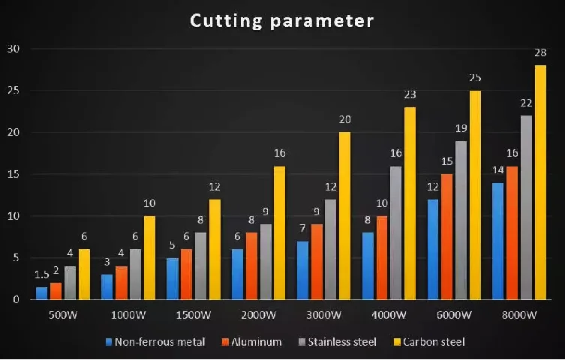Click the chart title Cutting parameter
[281, 20]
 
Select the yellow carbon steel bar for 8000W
[540, 182]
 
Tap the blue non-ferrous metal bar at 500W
[42, 293]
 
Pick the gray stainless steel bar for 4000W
[396, 232]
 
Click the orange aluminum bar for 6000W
[446, 236]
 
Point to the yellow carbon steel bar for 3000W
[345, 216]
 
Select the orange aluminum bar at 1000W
[122, 283]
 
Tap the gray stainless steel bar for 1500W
[201, 266]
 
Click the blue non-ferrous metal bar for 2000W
[238, 274]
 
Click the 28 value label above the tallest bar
[540, 52]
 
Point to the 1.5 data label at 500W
[42, 274]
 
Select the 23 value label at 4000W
[410, 94]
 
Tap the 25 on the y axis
[14, 91]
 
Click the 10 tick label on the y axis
[14, 216]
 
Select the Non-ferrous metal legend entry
[155, 342]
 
